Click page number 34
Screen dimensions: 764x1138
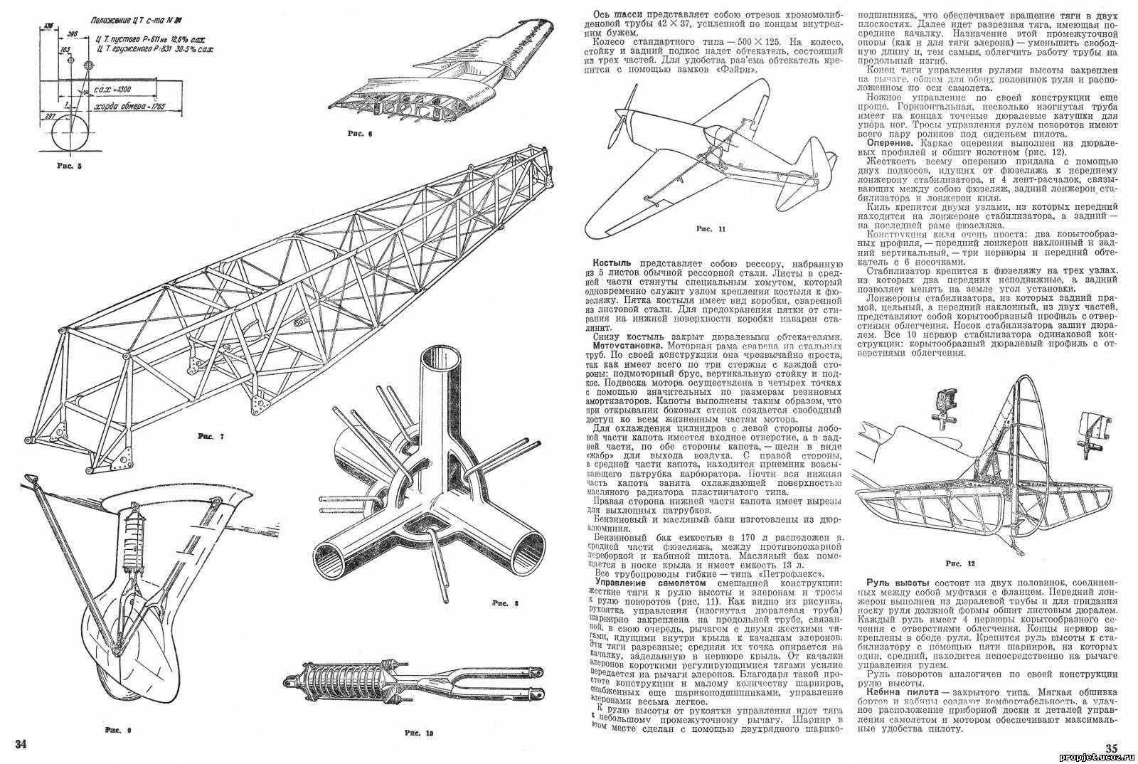pyautogui.click(x=21, y=744)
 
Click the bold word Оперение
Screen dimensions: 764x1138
pyautogui.click(x=881, y=142)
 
